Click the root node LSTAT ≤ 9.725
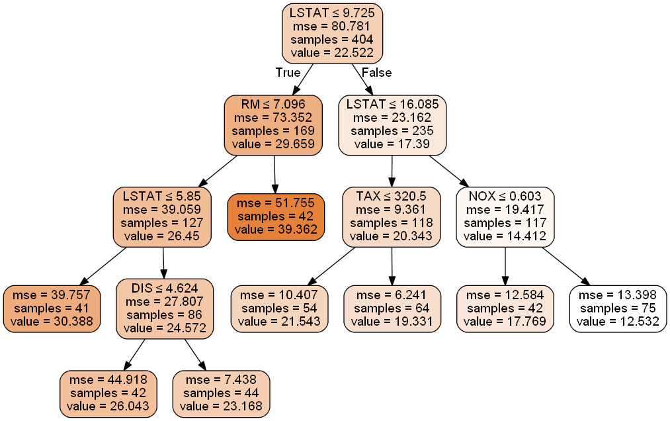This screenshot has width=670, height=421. [x=332, y=33]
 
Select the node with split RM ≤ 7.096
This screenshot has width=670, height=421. [x=273, y=124]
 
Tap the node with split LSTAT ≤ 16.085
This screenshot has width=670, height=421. [x=392, y=124]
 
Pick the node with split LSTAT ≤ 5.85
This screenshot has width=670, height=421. [x=162, y=216]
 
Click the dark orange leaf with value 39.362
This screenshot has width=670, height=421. [x=276, y=216]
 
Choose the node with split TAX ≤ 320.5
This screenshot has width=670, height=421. [x=391, y=216]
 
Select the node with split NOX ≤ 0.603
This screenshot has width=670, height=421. [x=505, y=216]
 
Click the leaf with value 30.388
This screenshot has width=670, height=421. [x=52, y=308]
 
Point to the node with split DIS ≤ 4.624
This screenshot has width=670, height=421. [x=165, y=308]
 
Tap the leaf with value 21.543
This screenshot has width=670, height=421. [x=279, y=308]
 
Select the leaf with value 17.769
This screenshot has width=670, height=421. [x=505, y=308]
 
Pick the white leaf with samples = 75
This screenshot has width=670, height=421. [x=618, y=308]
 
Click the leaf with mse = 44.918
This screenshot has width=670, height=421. [x=108, y=394]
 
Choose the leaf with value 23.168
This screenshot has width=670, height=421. [x=222, y=394]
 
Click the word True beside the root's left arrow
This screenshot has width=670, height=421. [x=288, y=73]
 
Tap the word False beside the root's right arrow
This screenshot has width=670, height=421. [x=377, y=73]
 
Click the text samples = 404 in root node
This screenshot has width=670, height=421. [x=332, y=40]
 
